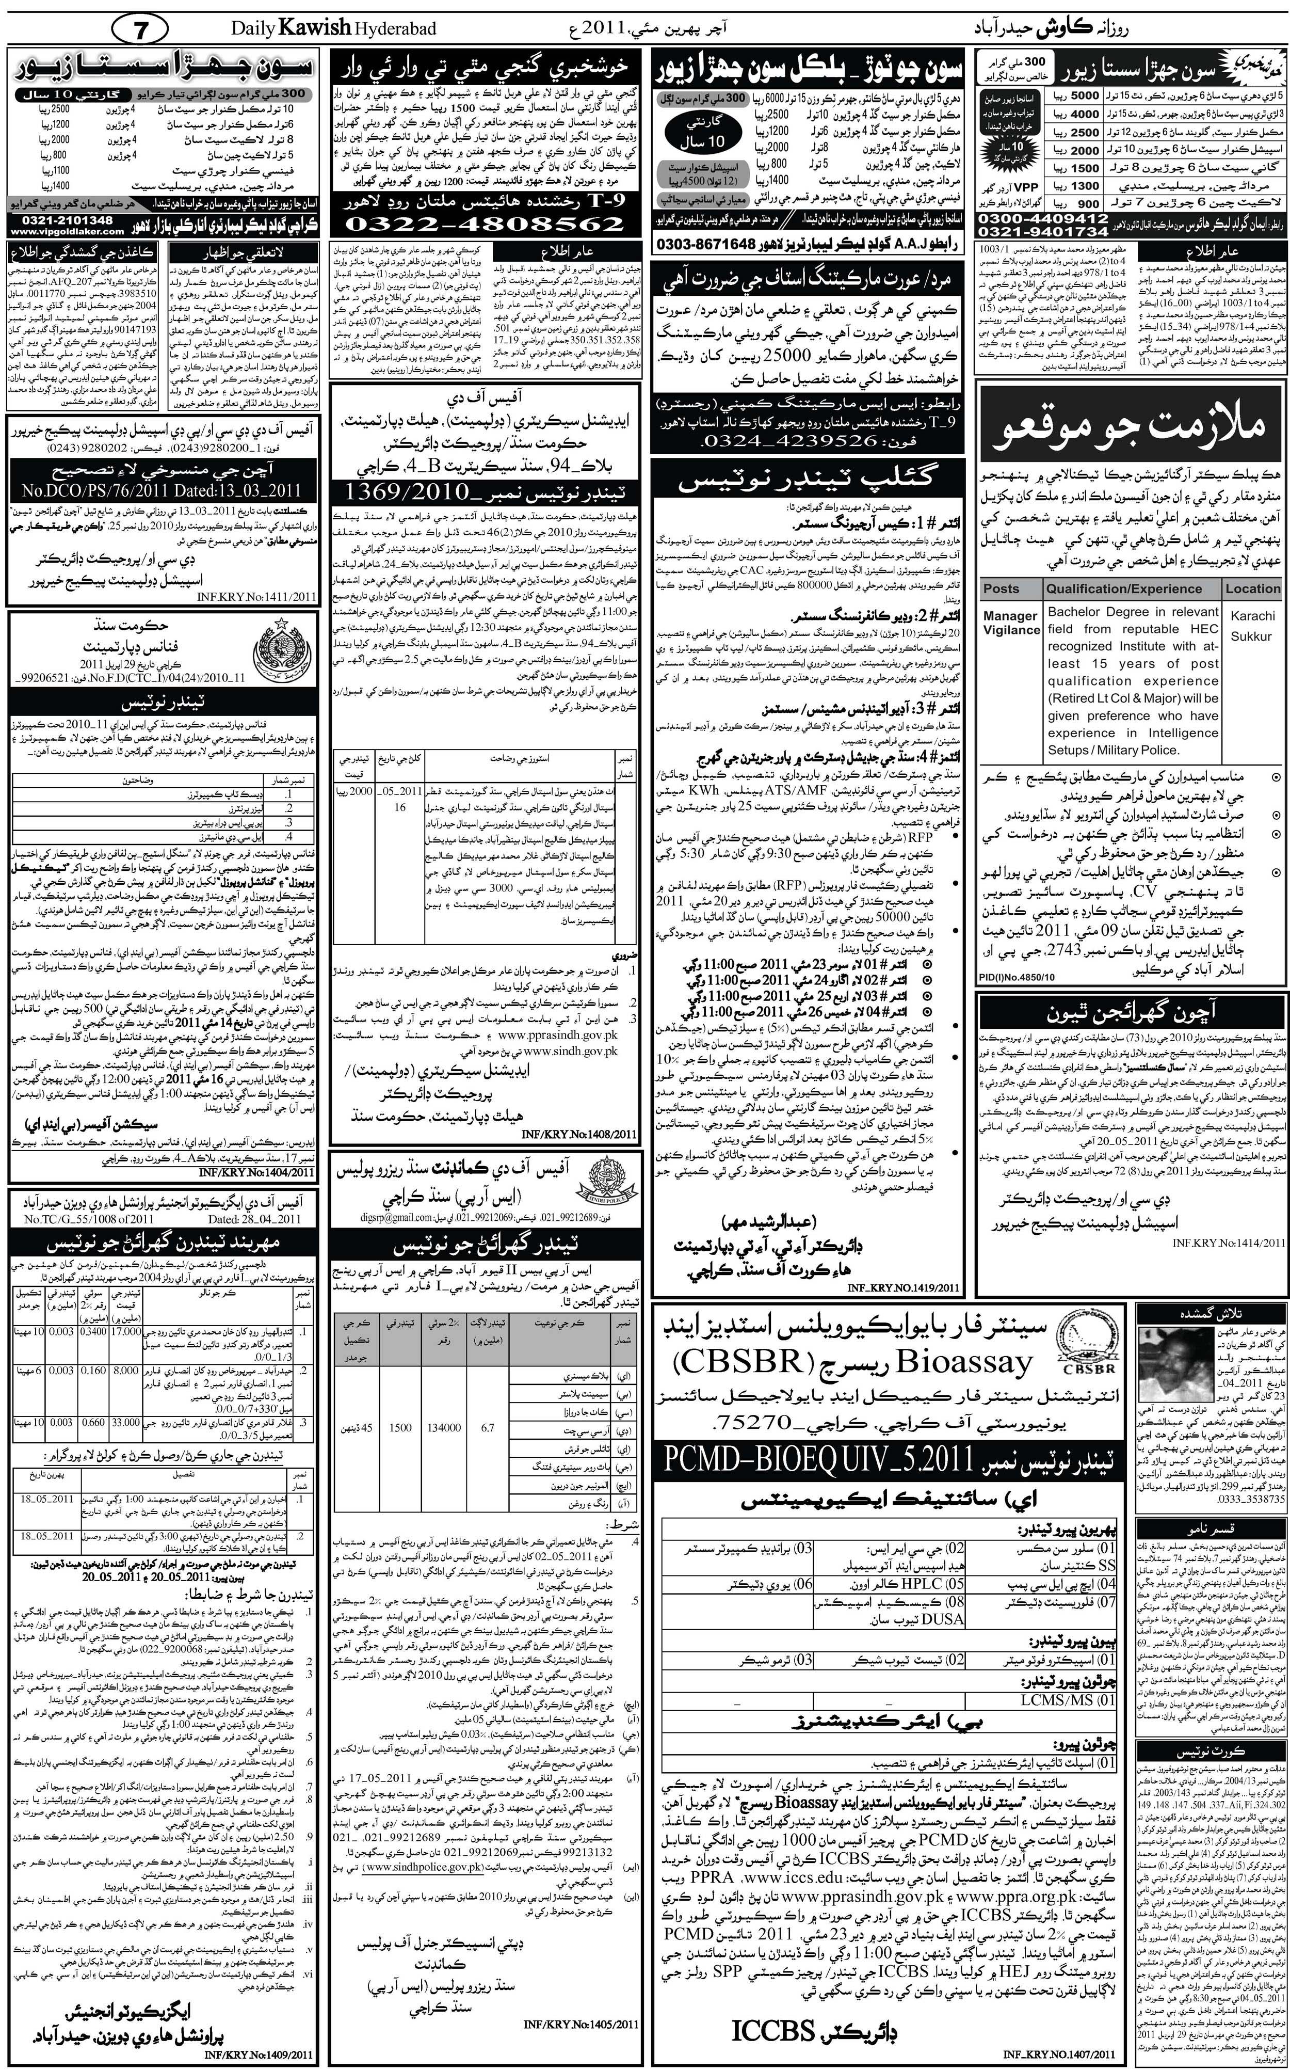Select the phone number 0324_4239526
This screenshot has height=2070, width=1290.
pos(788,441)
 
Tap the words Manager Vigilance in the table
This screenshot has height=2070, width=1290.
pos(1011,623)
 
